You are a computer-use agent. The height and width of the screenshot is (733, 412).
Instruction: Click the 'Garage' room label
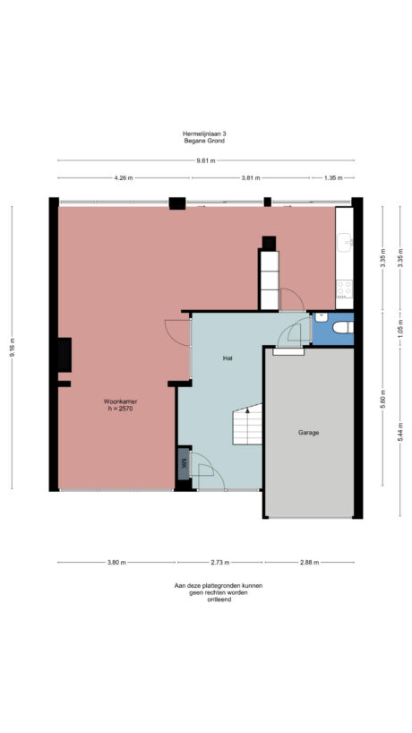click(x=309, y=432)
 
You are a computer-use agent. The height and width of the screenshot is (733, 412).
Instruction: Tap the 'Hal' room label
click(x=228, y=358)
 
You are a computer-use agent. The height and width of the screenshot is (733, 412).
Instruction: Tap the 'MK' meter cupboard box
click(x=184, y=463)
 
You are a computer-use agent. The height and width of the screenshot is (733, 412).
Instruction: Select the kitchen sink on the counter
click(x=344, y=242)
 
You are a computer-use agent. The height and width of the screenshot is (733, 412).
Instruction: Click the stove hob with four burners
click(x=344, y=289)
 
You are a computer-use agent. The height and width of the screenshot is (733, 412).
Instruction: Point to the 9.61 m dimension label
click(x=206, y=161)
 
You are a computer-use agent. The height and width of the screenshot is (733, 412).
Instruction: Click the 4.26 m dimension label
click(x=124, y=177)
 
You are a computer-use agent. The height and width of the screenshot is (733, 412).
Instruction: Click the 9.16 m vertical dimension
click(x=13, y=353)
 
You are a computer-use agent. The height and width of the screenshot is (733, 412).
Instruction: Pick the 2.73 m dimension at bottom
click(x=220, y=563)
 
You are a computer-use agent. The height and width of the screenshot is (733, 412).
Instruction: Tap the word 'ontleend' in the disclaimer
click(x=206, y=600)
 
